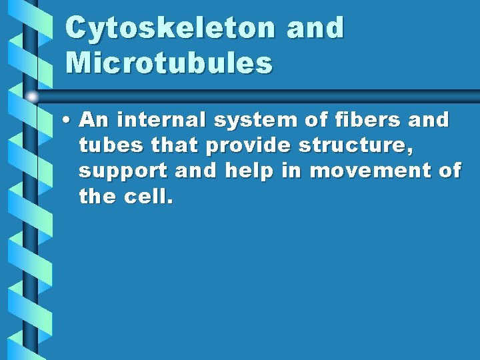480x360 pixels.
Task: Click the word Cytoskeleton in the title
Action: pos(171,28)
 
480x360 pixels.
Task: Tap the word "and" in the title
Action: pos(316,28)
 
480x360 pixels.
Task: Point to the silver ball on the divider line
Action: pos(32,97)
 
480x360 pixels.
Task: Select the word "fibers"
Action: pos(369,120)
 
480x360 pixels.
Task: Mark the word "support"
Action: pos(123,171)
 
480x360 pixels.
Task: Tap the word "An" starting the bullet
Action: pos(91,120)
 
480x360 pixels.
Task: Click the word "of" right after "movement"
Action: pos(450,171)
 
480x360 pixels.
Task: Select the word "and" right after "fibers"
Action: pos(431,120)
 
